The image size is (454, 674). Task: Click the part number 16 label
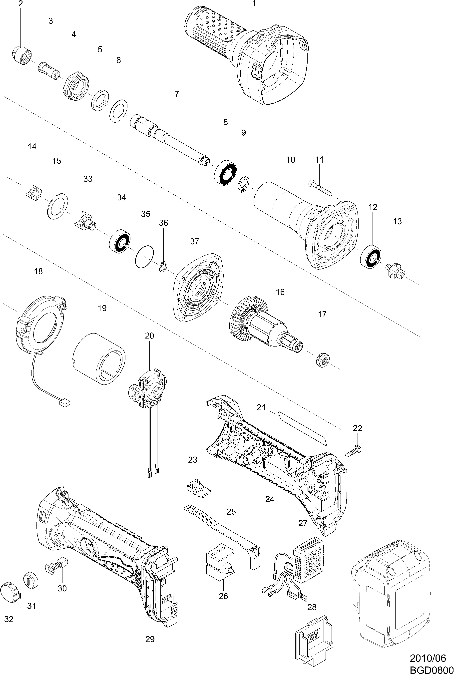(280, 292)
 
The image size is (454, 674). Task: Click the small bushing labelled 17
(322, 360)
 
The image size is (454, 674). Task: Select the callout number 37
(195, 241)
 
